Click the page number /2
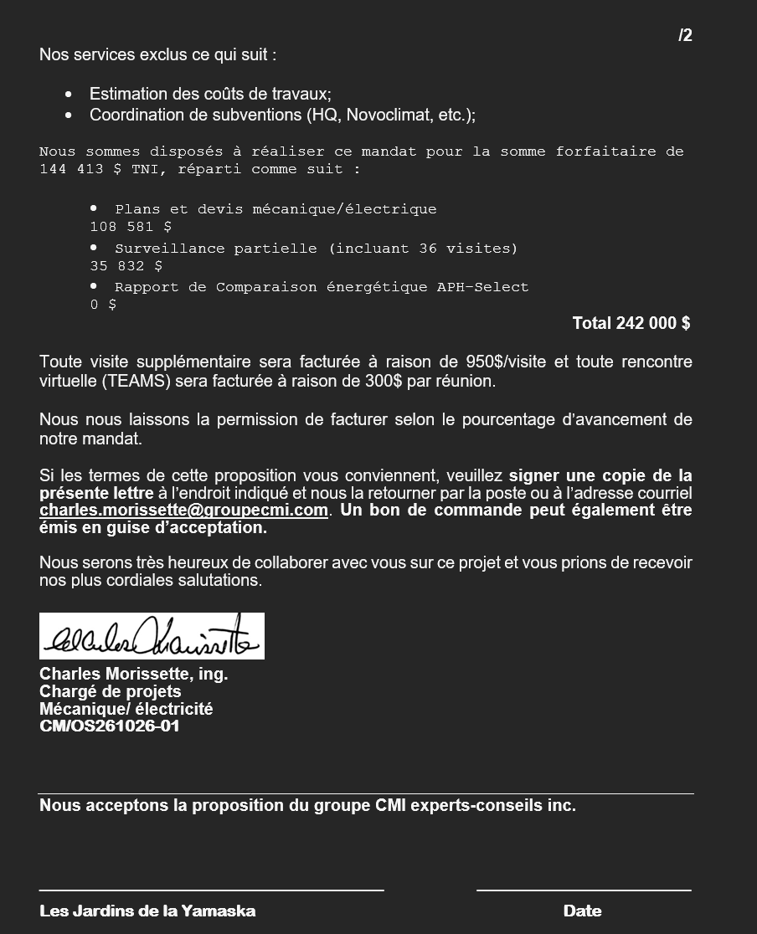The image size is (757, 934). [x=685, y=35]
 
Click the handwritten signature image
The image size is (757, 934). [x=152, y=636]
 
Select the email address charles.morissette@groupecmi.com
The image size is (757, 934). [x=183, y=510]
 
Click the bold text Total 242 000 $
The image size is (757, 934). [x=631, y=323]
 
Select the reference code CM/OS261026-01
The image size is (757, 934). [x=110, y=726]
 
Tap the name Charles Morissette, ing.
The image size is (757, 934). [x=133, y=674]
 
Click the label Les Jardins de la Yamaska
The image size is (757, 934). [x=147, y=911]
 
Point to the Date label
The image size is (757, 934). [x=582, y=911]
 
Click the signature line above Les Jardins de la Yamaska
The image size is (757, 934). [x=211, y=890]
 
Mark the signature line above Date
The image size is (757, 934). [x=584, y=890]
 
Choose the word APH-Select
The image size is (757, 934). [x=482, y=287]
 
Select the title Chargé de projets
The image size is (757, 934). [x=110, y=691]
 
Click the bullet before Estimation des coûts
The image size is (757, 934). [x=69, y=95]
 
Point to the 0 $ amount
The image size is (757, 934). [x=103, y=305]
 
